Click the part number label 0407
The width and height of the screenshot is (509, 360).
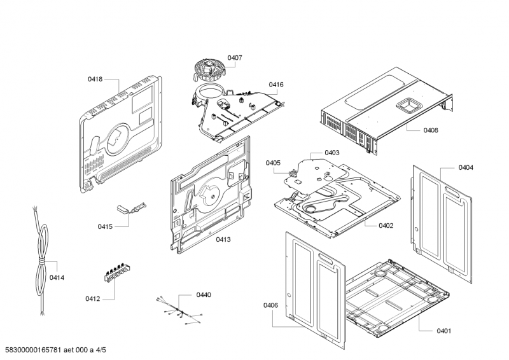click(235, 58)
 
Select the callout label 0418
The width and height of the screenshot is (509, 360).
click(95, 80)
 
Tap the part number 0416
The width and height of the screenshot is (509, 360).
click(275, 85)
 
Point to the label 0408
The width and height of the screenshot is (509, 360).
click(430, 130)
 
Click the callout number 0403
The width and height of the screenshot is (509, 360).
click(331, 153)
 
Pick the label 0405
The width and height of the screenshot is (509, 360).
click(273, 163)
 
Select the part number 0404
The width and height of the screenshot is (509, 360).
click(465, 167)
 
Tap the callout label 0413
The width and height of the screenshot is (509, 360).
click(223, 239)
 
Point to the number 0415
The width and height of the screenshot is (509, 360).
click(105, 226)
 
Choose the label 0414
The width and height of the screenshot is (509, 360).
click(57, 278)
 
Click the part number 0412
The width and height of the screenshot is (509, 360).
click(92, 298)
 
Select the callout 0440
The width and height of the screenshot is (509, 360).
click(203, 294)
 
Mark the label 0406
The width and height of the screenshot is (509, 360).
click(270, 306)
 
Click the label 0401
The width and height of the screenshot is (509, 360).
click(443, 331)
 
